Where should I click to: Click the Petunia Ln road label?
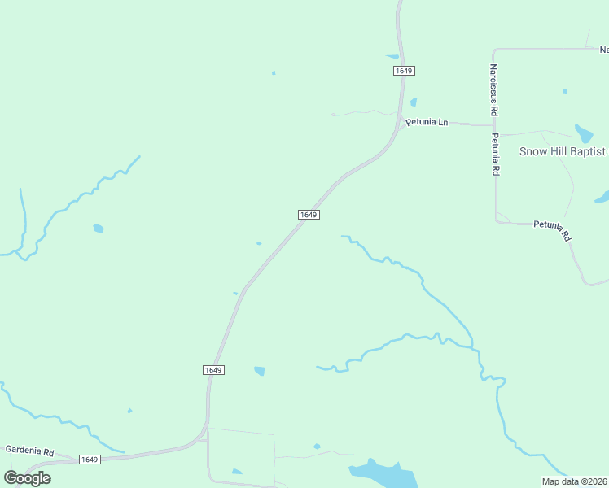point(427,122)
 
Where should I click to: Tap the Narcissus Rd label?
point(493,89)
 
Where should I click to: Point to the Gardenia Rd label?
point(29,450)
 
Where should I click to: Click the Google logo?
point(27,477)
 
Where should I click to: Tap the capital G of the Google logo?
point(11,477)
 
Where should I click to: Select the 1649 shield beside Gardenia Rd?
point(90,460)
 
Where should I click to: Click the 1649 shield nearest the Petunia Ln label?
point(404,71)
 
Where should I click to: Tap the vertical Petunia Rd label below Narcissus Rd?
point(494,155)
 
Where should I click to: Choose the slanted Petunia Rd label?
point(553,229)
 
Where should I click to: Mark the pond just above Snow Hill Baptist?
point(584,133)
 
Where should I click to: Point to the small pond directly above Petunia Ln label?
point(414,102)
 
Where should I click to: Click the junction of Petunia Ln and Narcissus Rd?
point(494,125)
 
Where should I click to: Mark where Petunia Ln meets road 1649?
point(399,124)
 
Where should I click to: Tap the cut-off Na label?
point(603,49)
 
